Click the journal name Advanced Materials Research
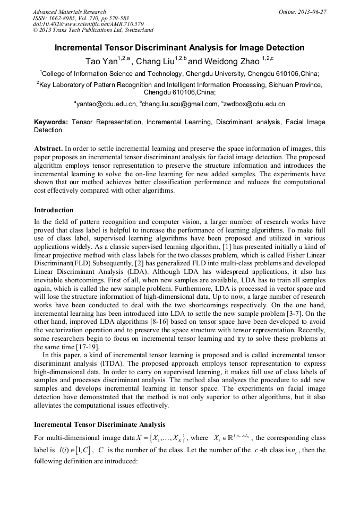69,12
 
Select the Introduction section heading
54,210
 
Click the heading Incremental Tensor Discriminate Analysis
99,425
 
